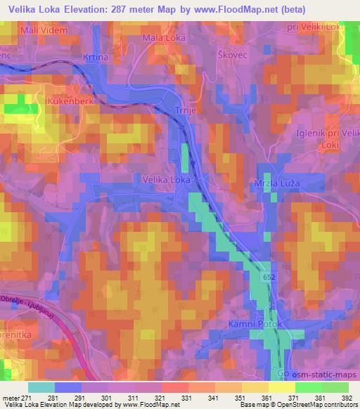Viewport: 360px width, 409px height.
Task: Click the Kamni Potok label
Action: click(255, 325)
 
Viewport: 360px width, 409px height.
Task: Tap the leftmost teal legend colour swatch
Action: click(41, 387)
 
